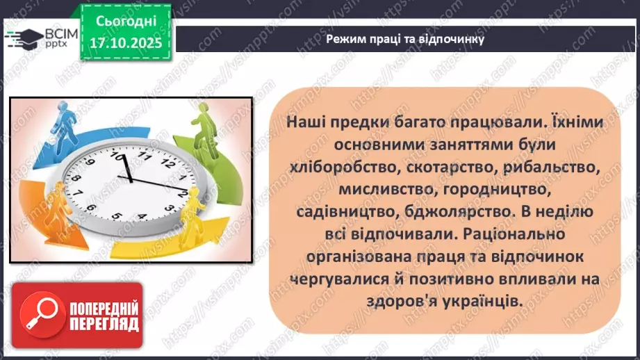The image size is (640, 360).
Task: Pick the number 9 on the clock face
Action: point(79,196)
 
